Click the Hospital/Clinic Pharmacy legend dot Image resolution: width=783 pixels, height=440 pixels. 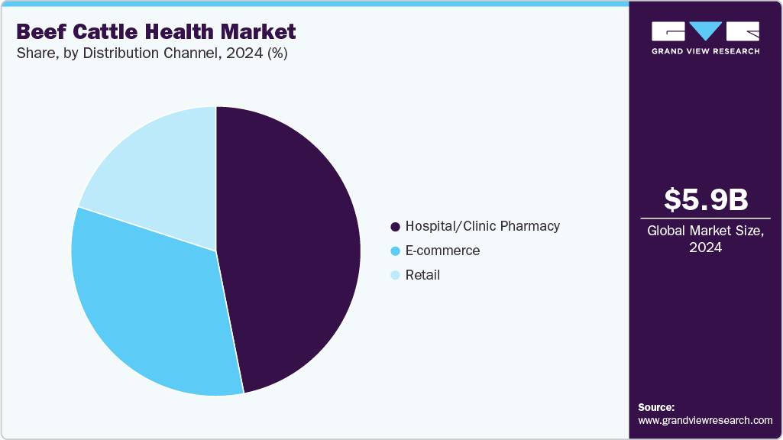point(395,227)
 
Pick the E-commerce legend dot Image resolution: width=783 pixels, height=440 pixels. point(395,251)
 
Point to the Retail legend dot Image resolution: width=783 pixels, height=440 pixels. point(395,275)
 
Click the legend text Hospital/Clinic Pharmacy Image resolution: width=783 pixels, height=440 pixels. point(482,226)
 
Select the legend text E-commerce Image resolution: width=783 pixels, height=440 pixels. point(442,251)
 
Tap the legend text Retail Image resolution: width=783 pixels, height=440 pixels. point(422,275)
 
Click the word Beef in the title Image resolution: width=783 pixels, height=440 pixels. point(43,32)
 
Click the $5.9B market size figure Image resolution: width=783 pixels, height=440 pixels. point(705,199)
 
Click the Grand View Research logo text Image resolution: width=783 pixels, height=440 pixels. point(705,51)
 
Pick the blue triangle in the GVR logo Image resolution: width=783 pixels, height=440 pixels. point(705,31)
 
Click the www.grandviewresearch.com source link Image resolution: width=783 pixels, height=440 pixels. point(705,420)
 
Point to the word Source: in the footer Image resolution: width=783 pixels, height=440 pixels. point(656,407)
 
